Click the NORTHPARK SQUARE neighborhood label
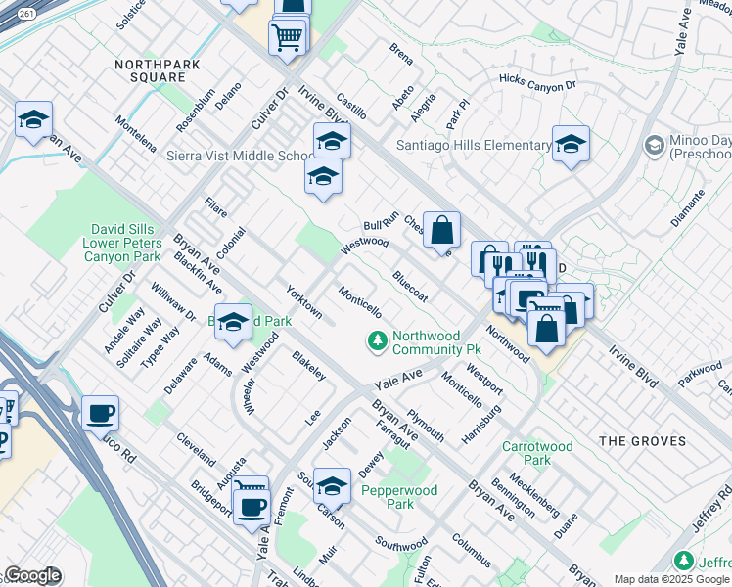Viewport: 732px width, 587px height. click(x=150, y=69)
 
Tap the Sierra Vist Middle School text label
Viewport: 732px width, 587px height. click(x=239, y=156)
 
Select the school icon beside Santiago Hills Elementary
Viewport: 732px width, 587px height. click(x=571, y=145)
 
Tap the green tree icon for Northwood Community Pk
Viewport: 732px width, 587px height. click(x=377, y=341)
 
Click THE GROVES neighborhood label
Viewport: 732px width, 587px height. click(x=642, y=441)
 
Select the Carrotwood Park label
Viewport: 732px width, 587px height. click(x=537, y=453)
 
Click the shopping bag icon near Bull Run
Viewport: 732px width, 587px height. click(x=442, y=230)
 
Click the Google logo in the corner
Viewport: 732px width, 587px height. click(x=32, y=576)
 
